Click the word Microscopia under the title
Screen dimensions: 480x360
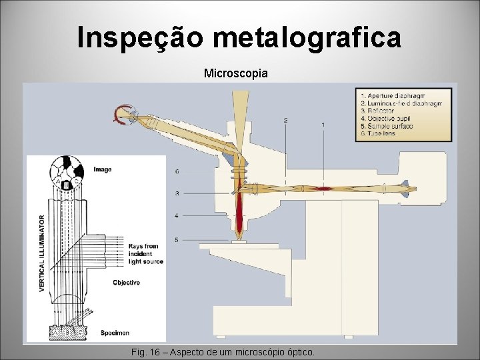tap(236, 73)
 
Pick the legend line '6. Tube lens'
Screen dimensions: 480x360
tap(378, 133)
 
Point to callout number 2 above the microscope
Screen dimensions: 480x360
tap(285, 121)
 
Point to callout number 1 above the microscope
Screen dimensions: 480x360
tap(323, 125)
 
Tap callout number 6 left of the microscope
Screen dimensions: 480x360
tap(177, 172)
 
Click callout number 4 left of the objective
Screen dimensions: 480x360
tap(177, 216)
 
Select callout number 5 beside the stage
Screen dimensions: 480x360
tap(177, 239)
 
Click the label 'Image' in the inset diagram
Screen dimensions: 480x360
tap(103, 169)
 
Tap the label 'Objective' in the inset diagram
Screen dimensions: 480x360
tap(126, 283)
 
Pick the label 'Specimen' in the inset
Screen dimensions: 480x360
tap(115, 332)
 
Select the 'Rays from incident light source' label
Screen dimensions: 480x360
tap(143, 253)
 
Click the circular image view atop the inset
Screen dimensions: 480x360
tap(68, 172)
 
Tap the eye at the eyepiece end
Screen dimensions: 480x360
tap(124, 115)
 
